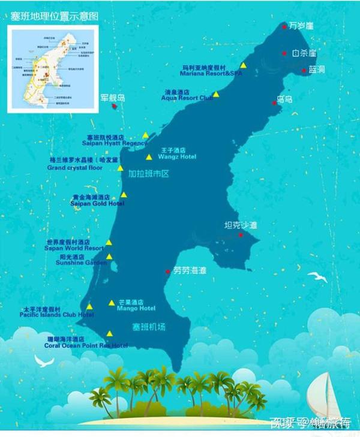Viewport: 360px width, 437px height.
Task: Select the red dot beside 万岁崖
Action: click(284, 26)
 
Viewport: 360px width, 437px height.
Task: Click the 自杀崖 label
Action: click(304, 53)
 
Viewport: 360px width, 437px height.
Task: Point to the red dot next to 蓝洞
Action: click(304, 71)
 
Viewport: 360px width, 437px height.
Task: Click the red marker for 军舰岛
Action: click(114, 106)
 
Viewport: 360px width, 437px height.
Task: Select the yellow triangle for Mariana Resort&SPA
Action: click(244, 65)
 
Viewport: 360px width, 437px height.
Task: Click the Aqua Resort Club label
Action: click(188, 97)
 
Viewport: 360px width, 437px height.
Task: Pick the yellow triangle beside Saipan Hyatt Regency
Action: click(145, 135)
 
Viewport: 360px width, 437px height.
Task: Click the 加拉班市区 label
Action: click(149, 174)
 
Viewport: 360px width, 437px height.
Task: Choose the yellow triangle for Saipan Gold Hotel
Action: click(124, 195)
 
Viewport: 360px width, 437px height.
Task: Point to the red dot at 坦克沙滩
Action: click(241, 235)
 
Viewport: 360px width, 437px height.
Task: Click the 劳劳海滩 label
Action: click(190, 271)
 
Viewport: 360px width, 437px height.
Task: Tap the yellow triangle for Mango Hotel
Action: click(112, 303)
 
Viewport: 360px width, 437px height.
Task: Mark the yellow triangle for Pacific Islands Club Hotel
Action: click(89, 307)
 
